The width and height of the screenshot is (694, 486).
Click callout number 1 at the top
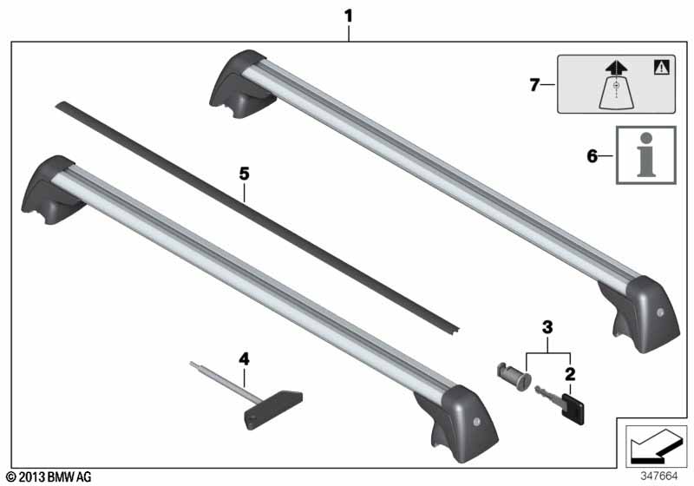click(349, 16)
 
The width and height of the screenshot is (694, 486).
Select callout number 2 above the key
click(570, 374)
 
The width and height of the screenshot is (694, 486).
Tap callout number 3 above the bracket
click(547, 327)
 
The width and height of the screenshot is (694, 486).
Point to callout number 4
click(244, 359)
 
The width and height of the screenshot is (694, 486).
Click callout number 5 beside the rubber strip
click(245, 174)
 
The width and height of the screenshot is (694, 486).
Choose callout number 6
click(593, 156)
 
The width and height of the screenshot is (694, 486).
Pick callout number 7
click(534, 84)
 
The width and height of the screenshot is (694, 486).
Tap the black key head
click(573, 410)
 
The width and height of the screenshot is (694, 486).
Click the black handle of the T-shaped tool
click(273, 410)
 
